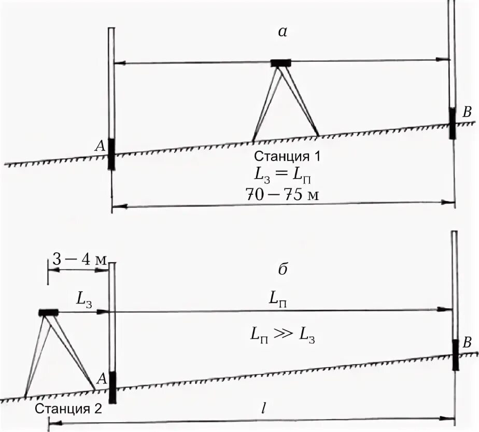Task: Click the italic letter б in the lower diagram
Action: coord(283,269)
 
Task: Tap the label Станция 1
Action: coord(284,156)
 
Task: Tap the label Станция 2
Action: coord(68,408)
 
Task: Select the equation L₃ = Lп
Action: coord(284,176)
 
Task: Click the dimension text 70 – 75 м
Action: coord(284,195)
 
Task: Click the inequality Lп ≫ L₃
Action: coord(282,336)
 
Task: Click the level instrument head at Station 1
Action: coord(281,63)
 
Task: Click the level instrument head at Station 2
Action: coord(48,312)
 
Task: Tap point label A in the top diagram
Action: coord(101,147)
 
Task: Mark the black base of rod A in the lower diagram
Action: coord(112,387)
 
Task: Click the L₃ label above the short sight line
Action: coord(83,298)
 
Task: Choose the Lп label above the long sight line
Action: coord(278,298)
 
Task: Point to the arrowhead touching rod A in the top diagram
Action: coord(118,64)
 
